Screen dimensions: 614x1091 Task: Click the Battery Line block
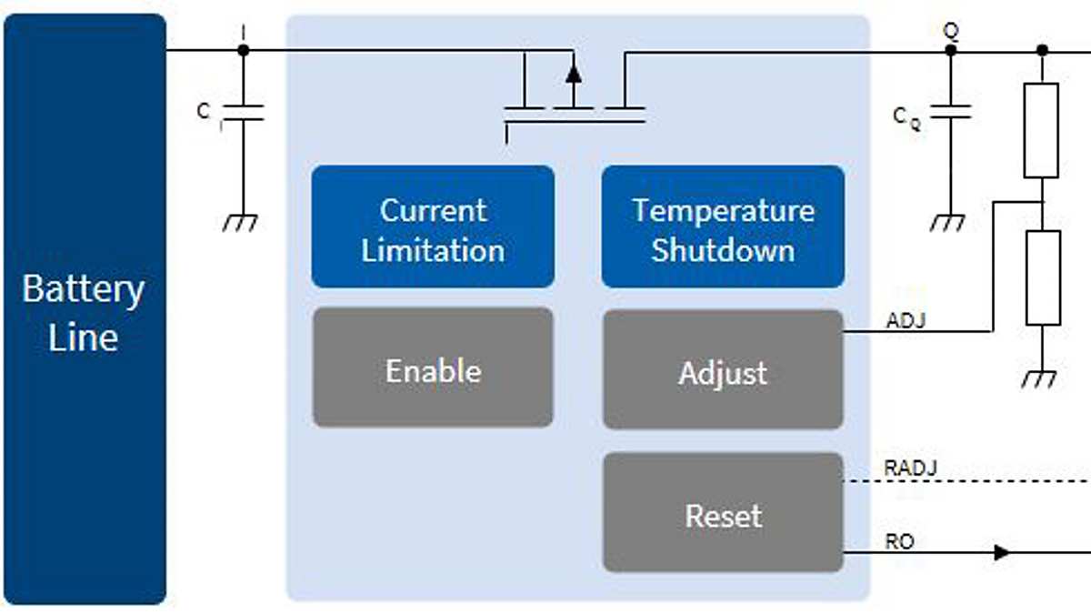[x=84, y=309]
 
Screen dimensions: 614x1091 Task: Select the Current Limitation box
[x=433, y=227]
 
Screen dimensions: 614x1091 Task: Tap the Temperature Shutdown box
[x=723, y=227]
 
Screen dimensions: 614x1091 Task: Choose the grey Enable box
[x=433, y=368]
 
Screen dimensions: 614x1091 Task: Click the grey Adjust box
[x=723, y=370]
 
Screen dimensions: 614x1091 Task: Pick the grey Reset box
[x=723, y=514]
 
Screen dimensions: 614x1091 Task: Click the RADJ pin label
[x=910, y=468]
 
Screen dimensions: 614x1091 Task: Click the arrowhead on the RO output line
[x=1002, y=552]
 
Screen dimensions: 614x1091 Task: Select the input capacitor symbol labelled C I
[x=243, y=113]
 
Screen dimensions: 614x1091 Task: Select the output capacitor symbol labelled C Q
[x=951, y=113]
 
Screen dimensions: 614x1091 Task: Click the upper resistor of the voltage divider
[x=1041, y=130]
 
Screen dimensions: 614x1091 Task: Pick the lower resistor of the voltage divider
[x=1042, y=277]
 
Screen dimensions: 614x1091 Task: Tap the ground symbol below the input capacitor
[x=242, y=222]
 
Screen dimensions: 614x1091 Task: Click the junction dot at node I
[x=243, y=50]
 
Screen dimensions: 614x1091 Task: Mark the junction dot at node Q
[x=951, y=50]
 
